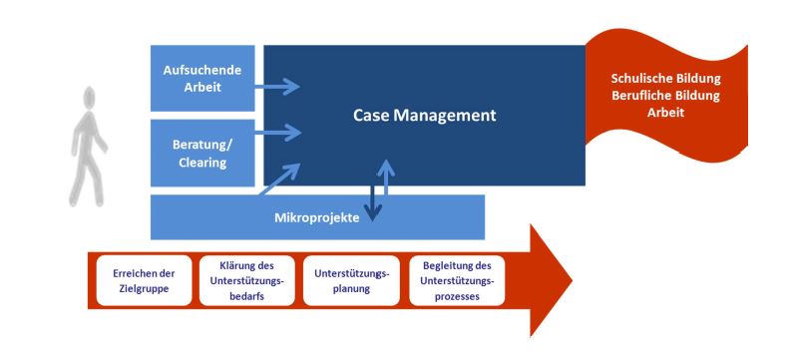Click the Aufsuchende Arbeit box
(202, 78)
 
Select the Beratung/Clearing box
(202, 153)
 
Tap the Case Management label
(424, 116)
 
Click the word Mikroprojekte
(316, 218)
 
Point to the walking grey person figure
(88, 147)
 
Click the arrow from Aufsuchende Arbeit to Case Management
(277, 87)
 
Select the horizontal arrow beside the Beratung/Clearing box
(277, 133)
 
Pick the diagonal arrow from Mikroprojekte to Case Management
(279, 179)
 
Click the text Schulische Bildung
(665, 79)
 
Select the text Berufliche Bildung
(665, 95)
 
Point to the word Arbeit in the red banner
(665, 112)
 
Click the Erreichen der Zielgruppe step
(144, 280)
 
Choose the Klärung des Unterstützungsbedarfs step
(246, 280)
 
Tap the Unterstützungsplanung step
(351, 280)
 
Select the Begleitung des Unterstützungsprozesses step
(457, 280)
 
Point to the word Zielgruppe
(144, 289)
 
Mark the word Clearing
(202, 163)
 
